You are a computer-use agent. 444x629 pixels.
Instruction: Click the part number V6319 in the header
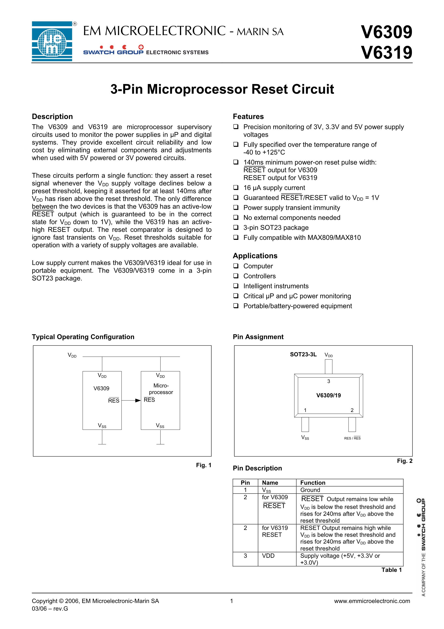click(x=386, y=53)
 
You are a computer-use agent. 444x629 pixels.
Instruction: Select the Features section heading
click(x=248, y=116)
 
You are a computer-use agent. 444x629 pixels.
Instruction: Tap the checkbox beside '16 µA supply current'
click(x=236, y=188)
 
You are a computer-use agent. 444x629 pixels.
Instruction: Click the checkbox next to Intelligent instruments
click(x=236, y=286)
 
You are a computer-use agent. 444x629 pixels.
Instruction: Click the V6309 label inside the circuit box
click(x=101, y=388)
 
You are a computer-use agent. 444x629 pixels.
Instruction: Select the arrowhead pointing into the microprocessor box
click(x=138, y=400)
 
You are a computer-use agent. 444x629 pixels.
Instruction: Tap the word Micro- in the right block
click(x=161, y=386)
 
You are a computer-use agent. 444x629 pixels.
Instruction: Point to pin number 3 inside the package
click(x=328, y=381)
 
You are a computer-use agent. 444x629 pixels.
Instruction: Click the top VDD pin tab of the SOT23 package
click(x=328, y=367)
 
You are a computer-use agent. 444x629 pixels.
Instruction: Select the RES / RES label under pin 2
click(x=352, y=438)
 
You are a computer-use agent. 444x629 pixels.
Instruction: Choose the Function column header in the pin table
click(x=313, y=483)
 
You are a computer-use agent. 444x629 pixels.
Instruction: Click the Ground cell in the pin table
click(x=310, y=490)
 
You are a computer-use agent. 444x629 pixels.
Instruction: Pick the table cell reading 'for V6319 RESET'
click(x=275, y=531)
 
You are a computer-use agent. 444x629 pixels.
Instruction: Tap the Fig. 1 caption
click(x=203, y=465)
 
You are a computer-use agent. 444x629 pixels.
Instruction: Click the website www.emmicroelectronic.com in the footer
click(x=372, y=601)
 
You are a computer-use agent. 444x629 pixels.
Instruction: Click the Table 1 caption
click(x=391, y=570)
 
